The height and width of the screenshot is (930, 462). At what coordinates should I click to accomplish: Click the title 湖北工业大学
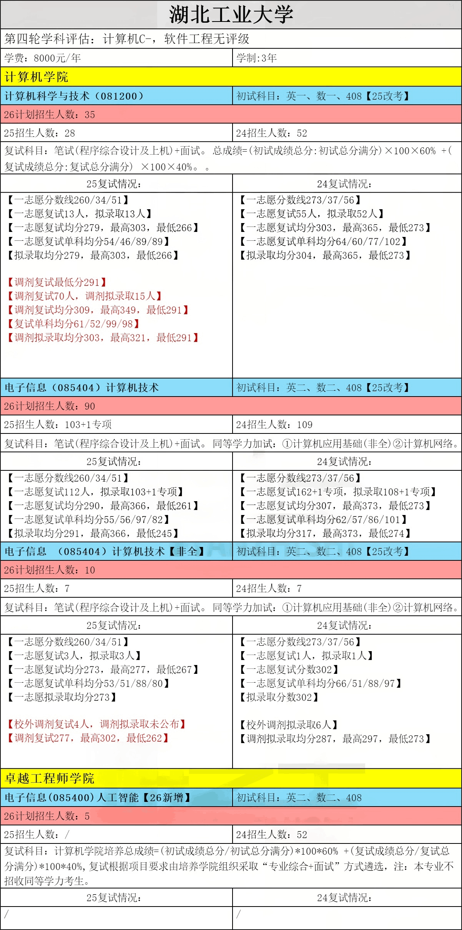click(231, 15)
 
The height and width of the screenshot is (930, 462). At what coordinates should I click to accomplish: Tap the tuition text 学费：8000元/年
click(43, 58)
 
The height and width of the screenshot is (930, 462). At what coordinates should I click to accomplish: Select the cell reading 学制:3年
click(256, 58)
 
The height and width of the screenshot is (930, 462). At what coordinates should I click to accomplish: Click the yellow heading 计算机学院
click(37, 77)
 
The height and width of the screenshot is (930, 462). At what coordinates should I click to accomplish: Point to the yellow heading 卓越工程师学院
click(50, 778)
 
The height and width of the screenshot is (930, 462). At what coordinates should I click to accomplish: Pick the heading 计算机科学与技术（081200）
click(74, 96)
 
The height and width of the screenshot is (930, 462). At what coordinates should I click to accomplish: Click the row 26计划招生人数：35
click(50, 115)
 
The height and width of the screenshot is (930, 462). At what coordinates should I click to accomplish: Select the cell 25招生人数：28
click(40, 133)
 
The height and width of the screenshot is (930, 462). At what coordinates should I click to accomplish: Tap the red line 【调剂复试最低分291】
click(57, 282)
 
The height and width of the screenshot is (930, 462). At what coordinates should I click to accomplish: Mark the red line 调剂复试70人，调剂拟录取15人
click(85, 296)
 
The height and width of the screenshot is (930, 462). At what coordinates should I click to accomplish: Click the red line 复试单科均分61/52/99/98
click(73, 324)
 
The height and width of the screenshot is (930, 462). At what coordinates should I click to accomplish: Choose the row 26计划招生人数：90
click(50, 406)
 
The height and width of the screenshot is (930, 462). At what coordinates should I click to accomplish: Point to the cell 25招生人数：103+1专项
click(58, 425)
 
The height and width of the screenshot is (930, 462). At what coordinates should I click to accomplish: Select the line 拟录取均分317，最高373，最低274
click(325, 533)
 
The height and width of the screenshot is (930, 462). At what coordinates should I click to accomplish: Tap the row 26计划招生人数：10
click(50, 570)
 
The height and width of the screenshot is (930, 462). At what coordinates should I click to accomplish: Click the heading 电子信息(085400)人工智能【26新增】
click(98, 798)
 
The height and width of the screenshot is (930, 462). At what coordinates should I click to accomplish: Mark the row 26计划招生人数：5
click(47, 816)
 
